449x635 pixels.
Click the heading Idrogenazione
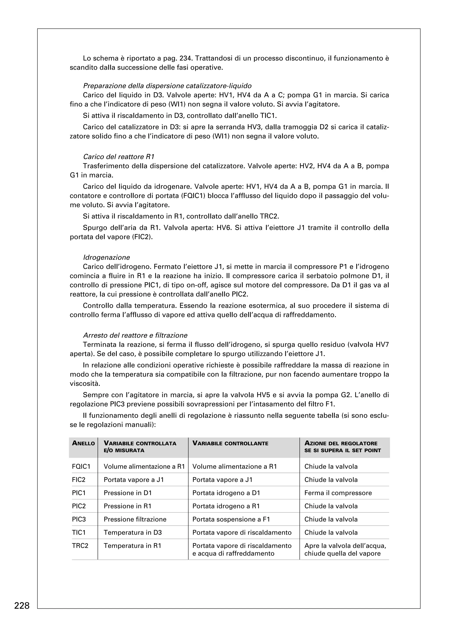pyautogui.click(x=106, y=258)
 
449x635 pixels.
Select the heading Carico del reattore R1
pyautogui.click(x=118, y=157)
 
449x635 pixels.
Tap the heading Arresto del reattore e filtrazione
pyautogui.click(x=135, y=336)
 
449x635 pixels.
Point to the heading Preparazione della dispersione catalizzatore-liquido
pyautogui.click(x=167, y=86)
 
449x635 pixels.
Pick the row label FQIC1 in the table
pyautogui.click(x=81, y=467)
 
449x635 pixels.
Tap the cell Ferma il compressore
pyautogui.click(x=338, y=493)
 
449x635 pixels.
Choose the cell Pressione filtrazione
pyautogui.click(x=135, y=519)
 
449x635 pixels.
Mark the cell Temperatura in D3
pyautogui.click(x=132, y=532)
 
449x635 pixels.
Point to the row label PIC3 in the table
pyautogui.click(x=79, y=519)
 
